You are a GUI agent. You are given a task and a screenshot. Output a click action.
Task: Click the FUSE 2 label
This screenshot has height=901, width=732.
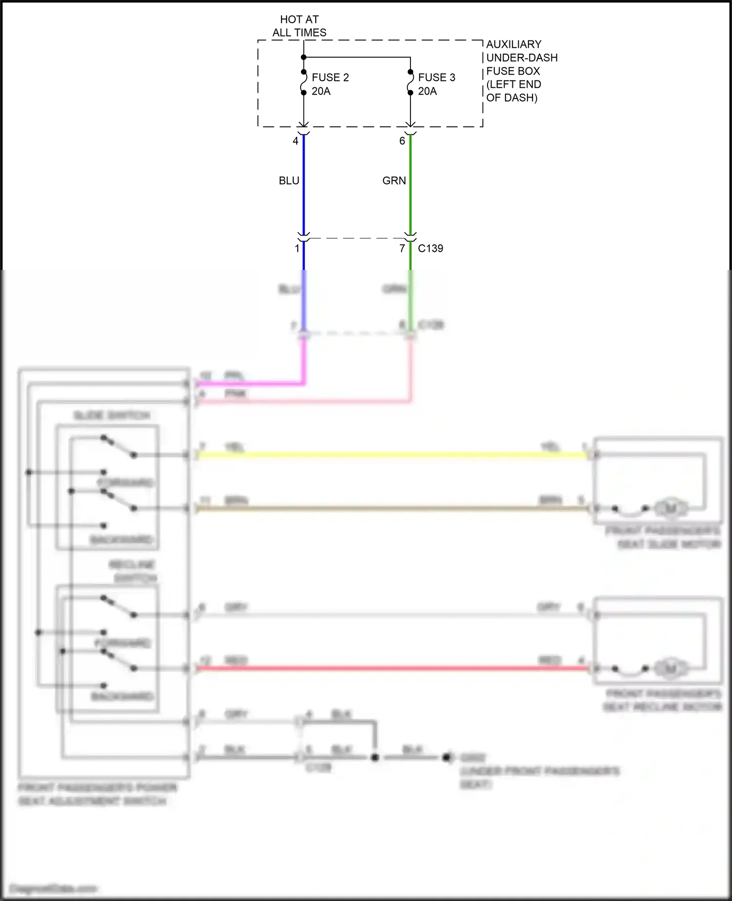(x=330, y=78)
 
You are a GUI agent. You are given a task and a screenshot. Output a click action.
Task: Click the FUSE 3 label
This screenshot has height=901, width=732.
(x=436, y=78)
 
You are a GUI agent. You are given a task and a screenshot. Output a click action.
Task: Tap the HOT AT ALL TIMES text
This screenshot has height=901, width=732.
(x=299, y=26)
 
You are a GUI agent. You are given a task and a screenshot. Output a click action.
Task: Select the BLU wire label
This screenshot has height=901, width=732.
(x=289, y=181)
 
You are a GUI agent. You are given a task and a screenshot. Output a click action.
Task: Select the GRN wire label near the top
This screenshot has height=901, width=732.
(x=394, y=181)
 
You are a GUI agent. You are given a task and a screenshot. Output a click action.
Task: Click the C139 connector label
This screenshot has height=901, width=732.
(x=430, y=248)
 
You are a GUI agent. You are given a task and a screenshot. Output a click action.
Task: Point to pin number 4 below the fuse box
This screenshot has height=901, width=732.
(x=295, y=141)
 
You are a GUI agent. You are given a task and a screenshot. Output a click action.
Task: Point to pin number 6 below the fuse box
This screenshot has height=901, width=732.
(x=402, y=141)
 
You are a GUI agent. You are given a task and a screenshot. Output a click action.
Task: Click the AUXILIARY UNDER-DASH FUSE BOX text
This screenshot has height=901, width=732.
(x=521, y=71)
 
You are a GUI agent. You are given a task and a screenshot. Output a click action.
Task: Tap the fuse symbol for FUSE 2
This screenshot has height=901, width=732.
(x=304, y=82)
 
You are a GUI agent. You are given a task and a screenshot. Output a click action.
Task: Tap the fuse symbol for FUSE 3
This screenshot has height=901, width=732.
(x=410, y=82)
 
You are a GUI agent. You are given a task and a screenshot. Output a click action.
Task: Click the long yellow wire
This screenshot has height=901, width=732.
(x=390, y=455)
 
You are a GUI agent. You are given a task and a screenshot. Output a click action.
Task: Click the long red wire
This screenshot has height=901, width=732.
(x=390, y=668)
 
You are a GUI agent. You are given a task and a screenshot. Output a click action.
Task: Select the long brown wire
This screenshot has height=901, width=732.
(x=390, y=509)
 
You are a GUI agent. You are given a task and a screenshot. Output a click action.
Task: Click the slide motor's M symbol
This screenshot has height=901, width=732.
(x=671, y=509)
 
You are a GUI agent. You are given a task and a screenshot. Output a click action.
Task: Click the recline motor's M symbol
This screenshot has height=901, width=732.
(x=671, y=668)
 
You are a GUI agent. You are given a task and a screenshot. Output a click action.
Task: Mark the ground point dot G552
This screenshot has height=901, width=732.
(x=446, y=758)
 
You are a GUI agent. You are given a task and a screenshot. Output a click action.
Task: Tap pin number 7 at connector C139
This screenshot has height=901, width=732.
(x=402, y=248)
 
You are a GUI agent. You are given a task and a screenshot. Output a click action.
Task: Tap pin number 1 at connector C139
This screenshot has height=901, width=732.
(x=297, y=248)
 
